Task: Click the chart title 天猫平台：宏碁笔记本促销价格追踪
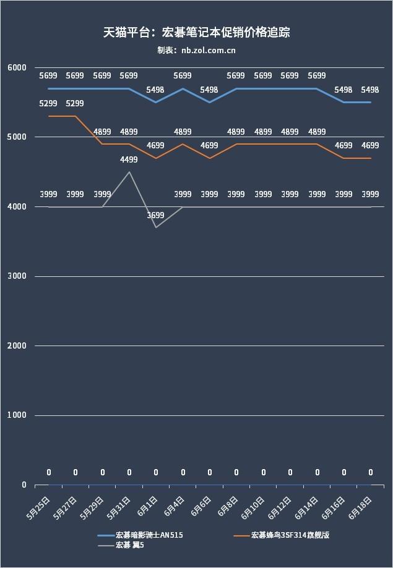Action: point(196,33)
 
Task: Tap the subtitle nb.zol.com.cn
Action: point(196,51)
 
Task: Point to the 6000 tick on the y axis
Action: point(17,67)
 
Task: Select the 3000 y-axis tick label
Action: point(17,276)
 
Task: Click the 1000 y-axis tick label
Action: point(17,415)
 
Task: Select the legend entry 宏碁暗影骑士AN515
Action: point(149,535)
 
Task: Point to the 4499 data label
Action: point(129,160)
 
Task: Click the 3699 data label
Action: point(155,216)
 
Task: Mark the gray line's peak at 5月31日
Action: point(129,172)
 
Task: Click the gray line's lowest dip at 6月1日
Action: point(155,227)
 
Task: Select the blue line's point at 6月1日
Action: point(155,102)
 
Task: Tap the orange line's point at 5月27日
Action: point(75,116)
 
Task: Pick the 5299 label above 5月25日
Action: point(48,104)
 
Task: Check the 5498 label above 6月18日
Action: point(370,90)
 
